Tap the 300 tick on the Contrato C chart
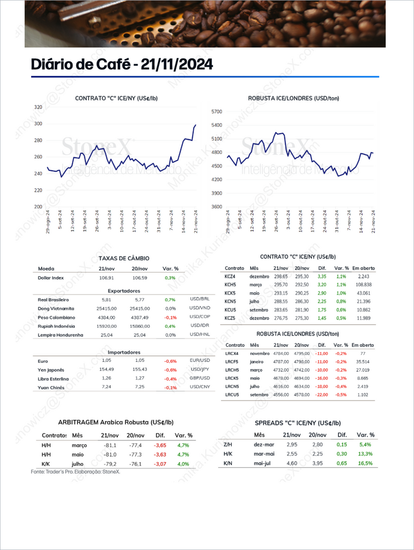(x=38, y=124)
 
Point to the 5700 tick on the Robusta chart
(x=216, y=112)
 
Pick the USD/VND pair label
(x=199, y=308)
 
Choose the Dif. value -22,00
(x=321, y=394)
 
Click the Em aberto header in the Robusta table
(x=363, y=345)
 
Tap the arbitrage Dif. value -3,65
(x=159, y=445)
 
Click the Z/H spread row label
(x=228, y=445)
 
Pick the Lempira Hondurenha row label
(x=61, y=335)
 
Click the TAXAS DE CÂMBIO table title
(x=124, y=258)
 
